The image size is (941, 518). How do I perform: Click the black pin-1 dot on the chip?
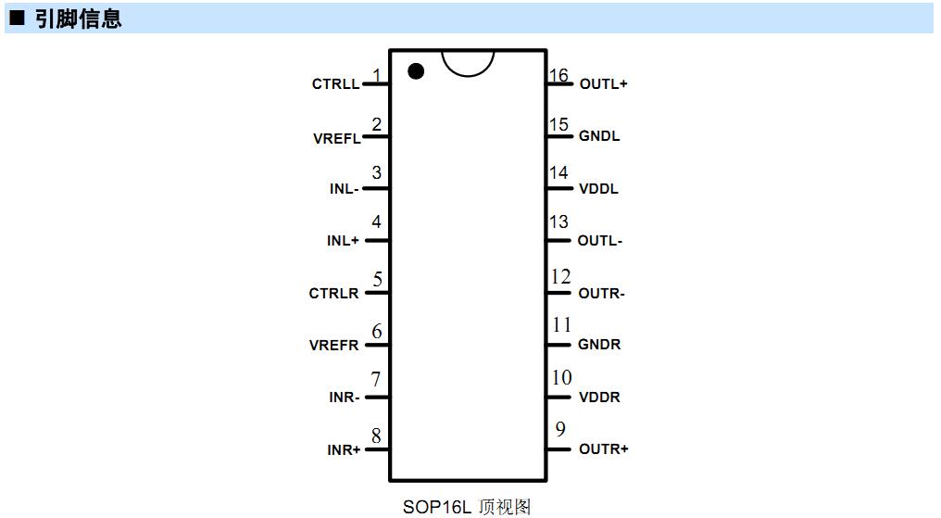[x=416, y=71]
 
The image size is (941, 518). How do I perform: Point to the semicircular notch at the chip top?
[x=468, y=75]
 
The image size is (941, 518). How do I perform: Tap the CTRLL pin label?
[x=335, y=84]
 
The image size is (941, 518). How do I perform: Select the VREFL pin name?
[x=337, y=139]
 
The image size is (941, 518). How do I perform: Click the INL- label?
[x=344, y=188]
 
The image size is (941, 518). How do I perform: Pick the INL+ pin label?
[x=343, y=241]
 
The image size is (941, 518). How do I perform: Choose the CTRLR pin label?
[x=333, y=294]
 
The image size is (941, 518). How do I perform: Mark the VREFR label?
[x=333, y=345]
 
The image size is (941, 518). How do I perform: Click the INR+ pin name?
[x=344, y=449]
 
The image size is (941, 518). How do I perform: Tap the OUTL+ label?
[x=603, y=84]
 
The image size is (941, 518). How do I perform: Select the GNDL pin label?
[x=599, y=136]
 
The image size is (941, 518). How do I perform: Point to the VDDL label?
[x=598, y=188]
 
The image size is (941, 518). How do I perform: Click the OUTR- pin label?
[x=601, y=294]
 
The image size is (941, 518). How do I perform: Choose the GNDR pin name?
[x=599, y=345]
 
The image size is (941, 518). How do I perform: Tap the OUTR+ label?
[x=603, y=449]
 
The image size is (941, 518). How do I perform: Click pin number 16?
[x=558, y=75]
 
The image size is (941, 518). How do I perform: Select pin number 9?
[x=560, y=428]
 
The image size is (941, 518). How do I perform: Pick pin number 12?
[x=560, y=276]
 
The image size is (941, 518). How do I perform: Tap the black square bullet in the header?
[x=17, y=18]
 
